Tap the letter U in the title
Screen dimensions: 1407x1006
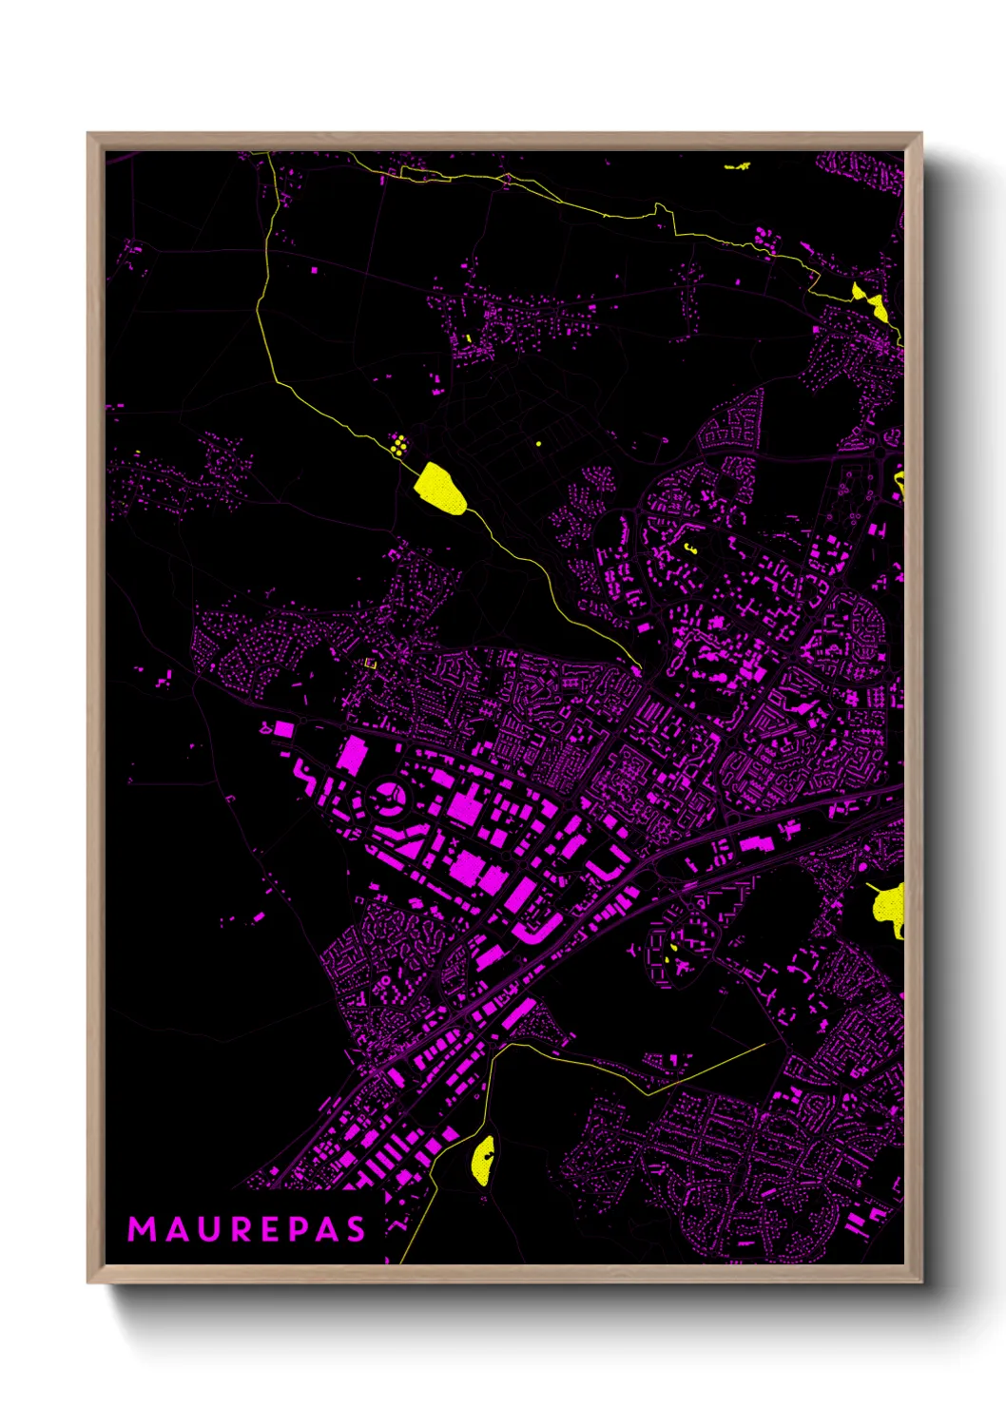210,1229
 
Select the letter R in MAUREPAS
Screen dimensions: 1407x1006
242,1229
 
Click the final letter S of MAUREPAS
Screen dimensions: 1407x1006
356,1229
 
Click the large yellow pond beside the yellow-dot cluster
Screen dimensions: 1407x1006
440,489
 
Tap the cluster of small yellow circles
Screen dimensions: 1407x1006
398,444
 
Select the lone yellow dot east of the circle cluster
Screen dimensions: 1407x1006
538,443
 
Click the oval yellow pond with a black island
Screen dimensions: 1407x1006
483,1160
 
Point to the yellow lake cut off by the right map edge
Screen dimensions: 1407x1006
890,909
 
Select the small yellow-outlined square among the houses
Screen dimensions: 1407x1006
371,664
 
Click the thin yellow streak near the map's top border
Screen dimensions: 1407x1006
737,166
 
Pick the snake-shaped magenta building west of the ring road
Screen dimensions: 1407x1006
305,775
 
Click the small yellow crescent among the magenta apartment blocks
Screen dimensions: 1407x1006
688,549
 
